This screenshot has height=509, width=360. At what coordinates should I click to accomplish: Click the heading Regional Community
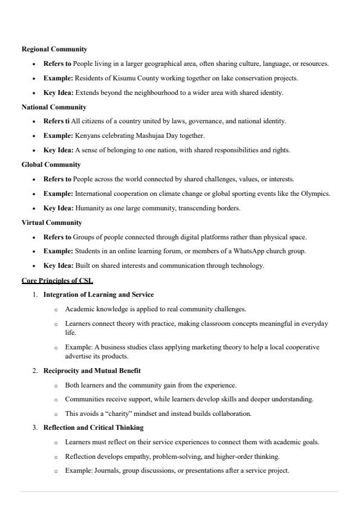click(54, 49)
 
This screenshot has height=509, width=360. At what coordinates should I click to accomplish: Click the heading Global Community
click(51, 164)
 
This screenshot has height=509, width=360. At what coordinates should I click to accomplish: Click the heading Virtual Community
click(52, 222)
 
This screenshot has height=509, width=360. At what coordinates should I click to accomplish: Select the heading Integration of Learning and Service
click(99, 294)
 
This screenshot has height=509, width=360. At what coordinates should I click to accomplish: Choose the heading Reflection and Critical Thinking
click(93, 427)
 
